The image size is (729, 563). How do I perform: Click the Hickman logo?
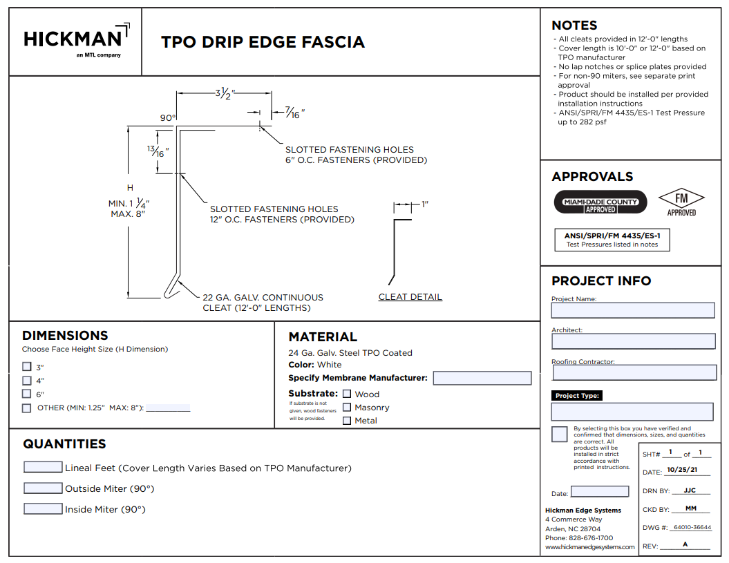point(77,41)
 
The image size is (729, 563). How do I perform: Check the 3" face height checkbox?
point(27,367)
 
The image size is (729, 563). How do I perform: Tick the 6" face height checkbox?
point(27,394)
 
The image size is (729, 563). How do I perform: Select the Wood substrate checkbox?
point(347,394)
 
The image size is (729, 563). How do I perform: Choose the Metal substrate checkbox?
point(347,421)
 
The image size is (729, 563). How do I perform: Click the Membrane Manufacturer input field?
point(482,378)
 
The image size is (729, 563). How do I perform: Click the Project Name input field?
point(633,311)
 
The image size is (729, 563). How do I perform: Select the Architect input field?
point(633,341)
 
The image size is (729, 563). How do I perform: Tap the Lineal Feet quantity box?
point(43,467)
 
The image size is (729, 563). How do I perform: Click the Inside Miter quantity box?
point(43,508)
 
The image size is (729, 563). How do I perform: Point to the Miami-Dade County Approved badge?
point(600,202)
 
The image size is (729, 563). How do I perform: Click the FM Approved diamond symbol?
point(681,198)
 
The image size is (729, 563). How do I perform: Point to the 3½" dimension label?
point(225,93)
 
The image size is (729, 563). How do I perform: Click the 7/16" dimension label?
point(295,113)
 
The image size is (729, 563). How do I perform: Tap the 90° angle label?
point(168,117)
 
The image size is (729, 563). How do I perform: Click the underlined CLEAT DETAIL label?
point(410,296)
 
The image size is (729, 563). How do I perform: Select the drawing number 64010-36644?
point(692,527)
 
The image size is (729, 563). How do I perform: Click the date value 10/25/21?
point(682,470)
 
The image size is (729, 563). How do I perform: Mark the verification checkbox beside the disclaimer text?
point(559,435)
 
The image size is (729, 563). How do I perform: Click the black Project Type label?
point(577,396)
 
